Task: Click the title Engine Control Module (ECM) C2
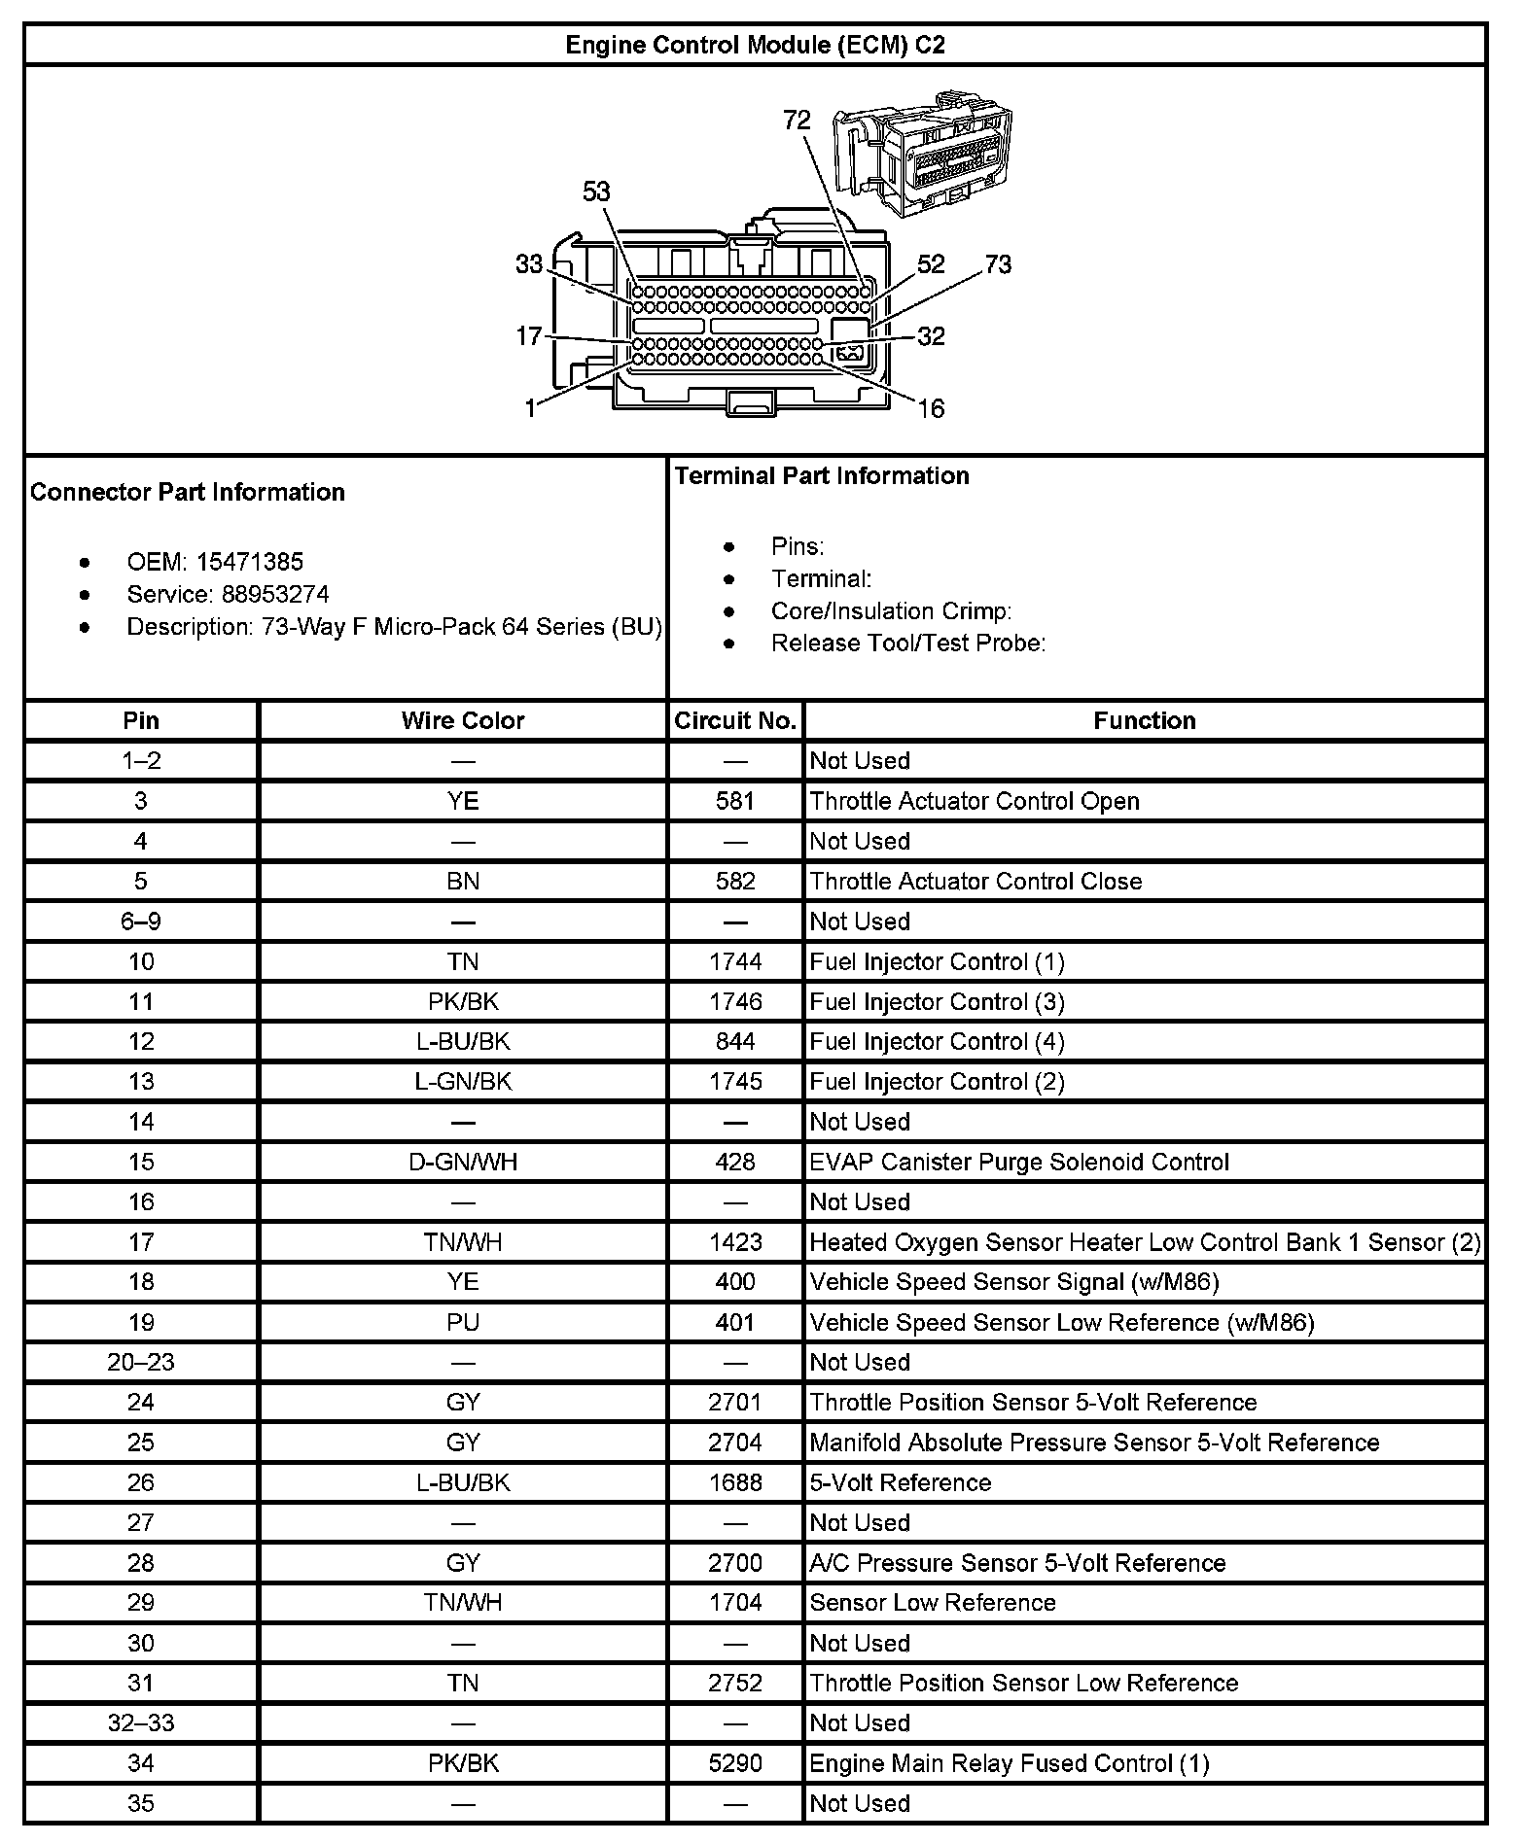pos(755,45)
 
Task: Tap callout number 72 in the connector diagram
pos(797,120)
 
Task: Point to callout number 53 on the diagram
pos(596,191)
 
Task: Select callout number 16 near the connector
pos(931,408)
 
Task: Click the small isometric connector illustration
pos(922,154)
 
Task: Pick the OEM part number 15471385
pos(250,562)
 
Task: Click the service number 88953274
pos(275,594)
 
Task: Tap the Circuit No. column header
pos(735,720)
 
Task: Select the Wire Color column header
pos(463,720)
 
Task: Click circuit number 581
pos(735,801)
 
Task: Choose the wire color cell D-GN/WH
pos(463,1162)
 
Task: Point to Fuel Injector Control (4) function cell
pos(937,1042)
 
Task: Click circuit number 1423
pos(735,1242)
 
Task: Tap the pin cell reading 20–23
pos(141,1362)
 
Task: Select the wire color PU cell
pos(463,1322)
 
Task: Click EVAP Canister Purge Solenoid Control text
pos(1019,1162)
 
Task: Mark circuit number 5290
pos(735,1763)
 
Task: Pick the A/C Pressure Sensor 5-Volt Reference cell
pos(1017,1563)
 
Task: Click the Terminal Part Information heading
pos(822,475)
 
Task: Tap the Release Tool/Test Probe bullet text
pos(908,643)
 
